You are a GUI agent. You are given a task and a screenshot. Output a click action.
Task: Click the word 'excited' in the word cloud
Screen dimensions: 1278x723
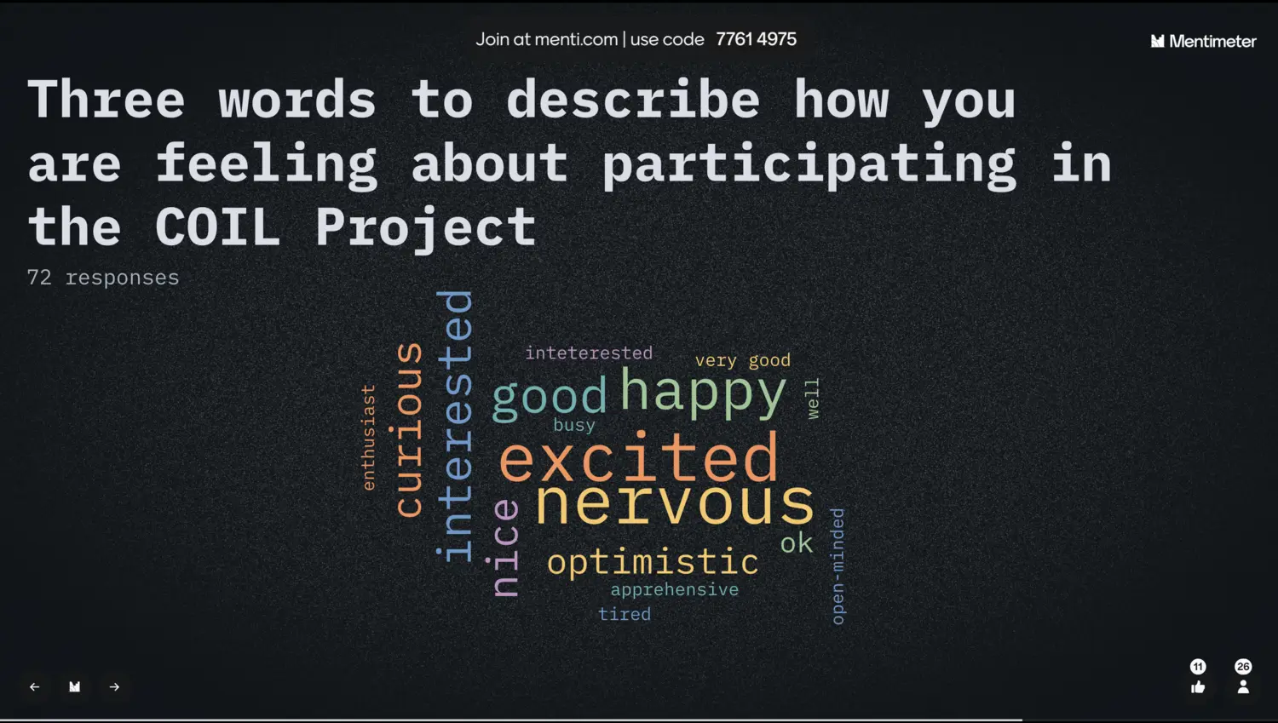click(638, 457)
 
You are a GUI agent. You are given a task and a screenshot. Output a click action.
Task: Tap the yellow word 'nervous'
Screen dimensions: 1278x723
click(675, 502)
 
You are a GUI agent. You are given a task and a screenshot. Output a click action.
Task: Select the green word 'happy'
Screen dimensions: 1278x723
click(703, 393)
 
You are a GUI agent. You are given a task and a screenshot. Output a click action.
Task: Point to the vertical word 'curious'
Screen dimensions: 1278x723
click(410, 430)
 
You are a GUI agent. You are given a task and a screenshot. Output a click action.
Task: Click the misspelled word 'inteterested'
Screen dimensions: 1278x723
click(589, 353)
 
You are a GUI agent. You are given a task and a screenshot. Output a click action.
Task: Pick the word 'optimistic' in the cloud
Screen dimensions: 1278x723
click(653, 562)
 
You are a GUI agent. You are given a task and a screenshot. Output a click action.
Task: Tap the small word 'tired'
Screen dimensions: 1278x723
click(625, 614)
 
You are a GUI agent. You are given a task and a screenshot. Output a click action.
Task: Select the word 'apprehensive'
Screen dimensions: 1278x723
click(675, 589)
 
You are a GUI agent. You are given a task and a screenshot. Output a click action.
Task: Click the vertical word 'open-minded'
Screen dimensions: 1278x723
click(837, 566)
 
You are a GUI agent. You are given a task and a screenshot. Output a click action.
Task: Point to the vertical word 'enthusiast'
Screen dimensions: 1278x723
click(369, 438)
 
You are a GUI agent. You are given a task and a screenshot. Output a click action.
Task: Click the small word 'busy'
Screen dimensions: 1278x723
click(574, 425)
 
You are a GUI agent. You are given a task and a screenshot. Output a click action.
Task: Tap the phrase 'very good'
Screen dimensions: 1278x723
click(742, 361)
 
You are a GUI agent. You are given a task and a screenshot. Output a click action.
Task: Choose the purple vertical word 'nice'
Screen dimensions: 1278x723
click(505, 548)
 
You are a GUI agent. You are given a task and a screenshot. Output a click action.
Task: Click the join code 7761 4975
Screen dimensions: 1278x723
click(756, 39)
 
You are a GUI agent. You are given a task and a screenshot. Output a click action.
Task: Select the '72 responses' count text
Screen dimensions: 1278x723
click(103, 278)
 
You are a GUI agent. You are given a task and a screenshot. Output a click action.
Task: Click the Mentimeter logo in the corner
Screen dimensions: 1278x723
click(1203, 41)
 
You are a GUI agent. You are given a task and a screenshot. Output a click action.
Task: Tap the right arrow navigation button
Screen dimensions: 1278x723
click(114, 686)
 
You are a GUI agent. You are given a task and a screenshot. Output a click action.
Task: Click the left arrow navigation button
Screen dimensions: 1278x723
click(35, 686)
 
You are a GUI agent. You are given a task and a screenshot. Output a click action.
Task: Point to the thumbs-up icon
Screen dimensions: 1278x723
click(1198, 687)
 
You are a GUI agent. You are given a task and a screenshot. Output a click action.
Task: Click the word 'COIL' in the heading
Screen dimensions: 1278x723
click(216, 227)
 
